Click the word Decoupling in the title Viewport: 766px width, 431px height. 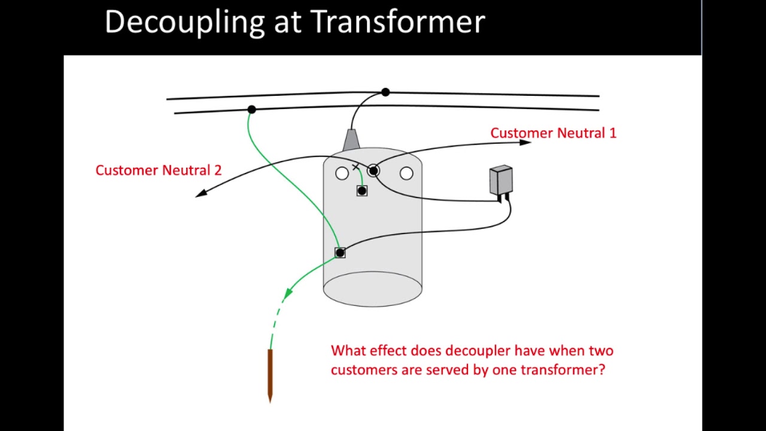pyautogui.click(x=184, y=23)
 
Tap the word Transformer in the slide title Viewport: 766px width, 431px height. pyautogui.click(x=397, y=22)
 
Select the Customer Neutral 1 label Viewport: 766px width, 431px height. pyautogui.click(x=553, y=133)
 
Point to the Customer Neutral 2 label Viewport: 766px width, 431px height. pyautogui.click(x=159, y=170)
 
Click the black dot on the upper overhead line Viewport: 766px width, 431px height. pyautogui.click(x=385, y=92)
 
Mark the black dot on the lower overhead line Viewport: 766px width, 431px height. pyautogui.click(x=251, y=110)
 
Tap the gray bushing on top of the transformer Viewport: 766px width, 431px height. pyautogui.click(x=351, y=140)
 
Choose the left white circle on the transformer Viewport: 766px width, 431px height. pyautogui.click(x=342, y=174)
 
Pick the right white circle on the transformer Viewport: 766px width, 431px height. pyautogui.click(x=406, y=174)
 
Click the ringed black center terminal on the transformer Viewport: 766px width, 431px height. pyautogui.click(x=373, y=171)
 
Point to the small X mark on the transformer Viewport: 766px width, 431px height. pyautogui.click(x=355, y=167)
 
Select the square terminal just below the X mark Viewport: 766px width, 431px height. pyautogui.click(x=361, y=191)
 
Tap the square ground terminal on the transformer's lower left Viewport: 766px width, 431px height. pyautogui.click(x=340, y=253)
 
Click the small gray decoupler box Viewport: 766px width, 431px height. pyautogui.click(x=501, y=180)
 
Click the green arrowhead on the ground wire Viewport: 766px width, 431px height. pyautogui.click(x=288, y=293)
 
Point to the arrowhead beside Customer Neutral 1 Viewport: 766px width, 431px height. pyautogui.click(x=525, y=142)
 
